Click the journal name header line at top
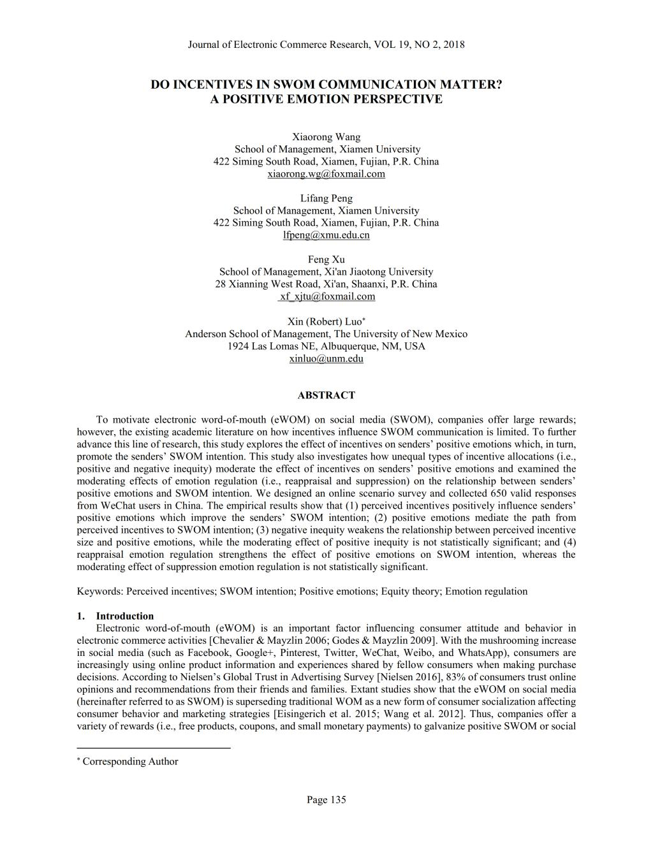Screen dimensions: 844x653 coord(326,45)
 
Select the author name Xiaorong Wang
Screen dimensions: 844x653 coord(326,137)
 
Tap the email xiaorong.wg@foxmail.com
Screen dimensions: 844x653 coord(326,174)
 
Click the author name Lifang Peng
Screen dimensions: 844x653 coord(326,198)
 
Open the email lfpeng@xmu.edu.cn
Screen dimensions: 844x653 coord(326,235)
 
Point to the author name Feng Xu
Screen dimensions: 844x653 coord(326,259)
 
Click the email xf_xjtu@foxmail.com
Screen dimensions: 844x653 coord(327,296)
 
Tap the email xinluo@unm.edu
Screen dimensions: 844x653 coord(326,358)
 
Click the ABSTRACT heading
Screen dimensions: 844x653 coord(326,395)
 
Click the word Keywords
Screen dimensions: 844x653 coord(99,591)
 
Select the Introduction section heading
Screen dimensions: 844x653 coord(124,616)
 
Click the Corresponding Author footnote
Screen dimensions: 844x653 coord(130,761)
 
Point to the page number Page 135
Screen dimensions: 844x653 coord(326,799)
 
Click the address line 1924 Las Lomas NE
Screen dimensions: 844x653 coord(326,346)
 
